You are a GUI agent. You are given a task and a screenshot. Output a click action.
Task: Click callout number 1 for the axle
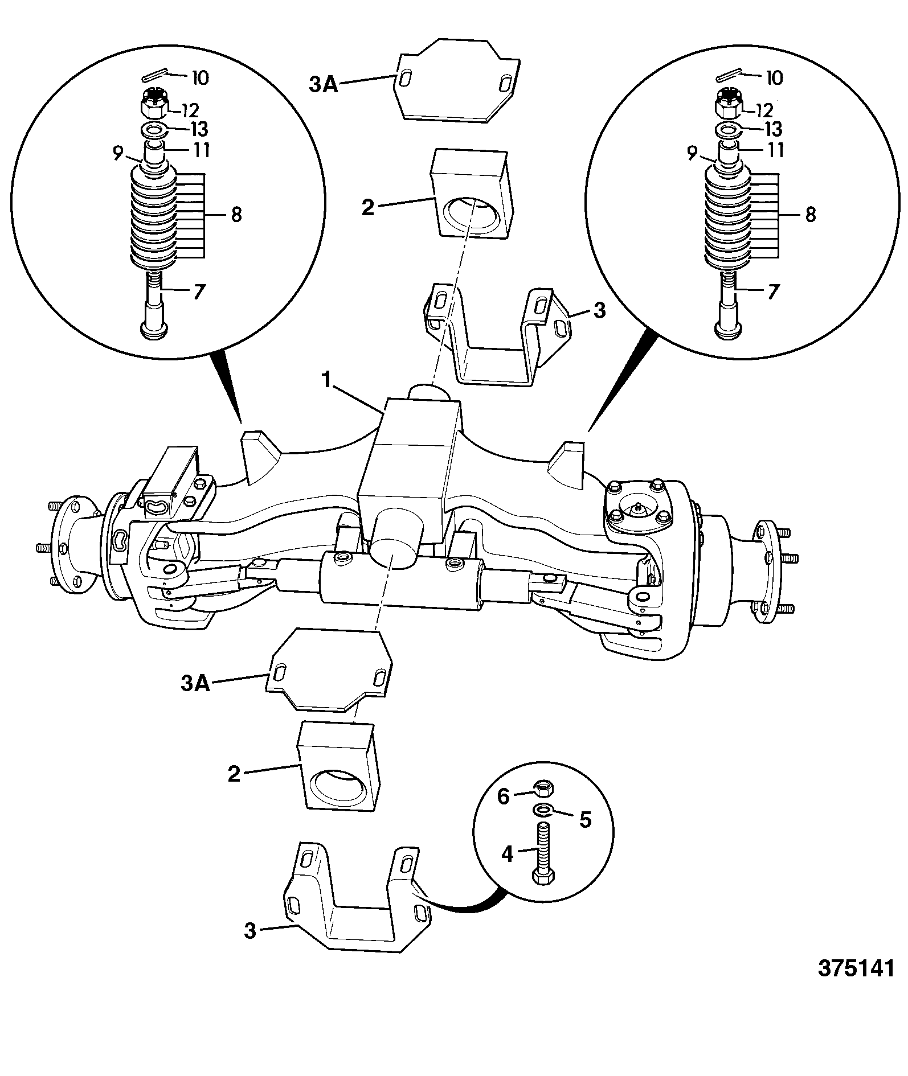pyautogui.click(x=328, y=380)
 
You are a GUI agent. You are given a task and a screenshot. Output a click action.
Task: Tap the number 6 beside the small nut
pyautogui.click(x=503, y=796)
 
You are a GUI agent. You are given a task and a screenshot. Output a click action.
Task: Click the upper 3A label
pyautogui.click(x=324, y=85)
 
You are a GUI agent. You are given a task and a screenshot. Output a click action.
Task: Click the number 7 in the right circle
pyautogui.click(x=773, y=291)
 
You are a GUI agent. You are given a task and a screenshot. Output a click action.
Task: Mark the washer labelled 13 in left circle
pyautogui.click(x=153, y=129)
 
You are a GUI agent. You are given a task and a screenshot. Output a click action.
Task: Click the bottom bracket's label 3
pyautogui.click(x=251, y=931)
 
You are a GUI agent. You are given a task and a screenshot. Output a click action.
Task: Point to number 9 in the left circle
pyautogui.click(x=118, y=153)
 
